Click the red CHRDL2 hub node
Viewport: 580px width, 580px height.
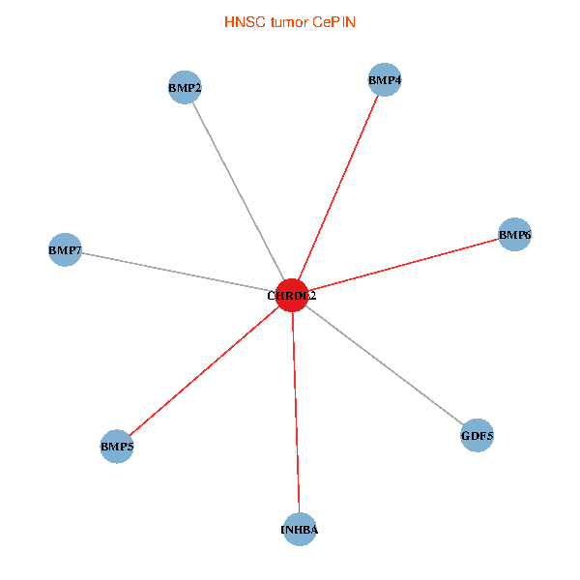pyautogui.click(x=292, y=296)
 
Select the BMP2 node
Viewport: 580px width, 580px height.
pyautogui.click(x=184, y=88)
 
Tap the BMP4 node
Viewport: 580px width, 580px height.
pyautogui.click(x=385, y=79)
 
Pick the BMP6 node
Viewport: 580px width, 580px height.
pyautogui.click(x=515, y=234)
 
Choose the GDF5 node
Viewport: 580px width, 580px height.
pyautogui.click(x=478, y=436)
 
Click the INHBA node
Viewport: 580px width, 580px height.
pyautogui.click(x=300, y=530)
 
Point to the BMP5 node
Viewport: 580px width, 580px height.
pyautogui.click(x=117, y=447)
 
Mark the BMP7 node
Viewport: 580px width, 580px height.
pyautogui.click(x=65, y=250)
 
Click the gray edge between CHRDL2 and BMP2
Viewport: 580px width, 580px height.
pyautogui.click(x=238, y=191)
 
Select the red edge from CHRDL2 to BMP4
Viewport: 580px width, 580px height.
pyautogui.click(x=338, y=188)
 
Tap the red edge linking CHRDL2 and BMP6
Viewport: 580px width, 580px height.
pyautogui.click(x=403, y=265)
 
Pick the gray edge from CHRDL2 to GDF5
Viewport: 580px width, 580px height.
pyautogui.click(x=385, y=365)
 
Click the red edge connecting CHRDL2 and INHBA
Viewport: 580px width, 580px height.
pyautogui.click(x=296, y=413)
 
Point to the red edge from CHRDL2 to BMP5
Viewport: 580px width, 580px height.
pyautogui.click(x=205, y=371)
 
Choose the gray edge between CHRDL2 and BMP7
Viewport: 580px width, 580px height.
pyautogui.click(x=179, y=273)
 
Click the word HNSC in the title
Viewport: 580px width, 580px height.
pyautogui.click(x=242, y=21)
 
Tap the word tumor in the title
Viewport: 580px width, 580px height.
pyautogui.click(x=286, y=21)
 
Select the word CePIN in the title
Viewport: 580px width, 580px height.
pyautogui.click(x=333, y=21)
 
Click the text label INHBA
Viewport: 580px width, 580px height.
pyautogui.click(x=300, y=530)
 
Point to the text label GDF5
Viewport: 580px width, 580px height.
pyautogui.click(x=478, y=436)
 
